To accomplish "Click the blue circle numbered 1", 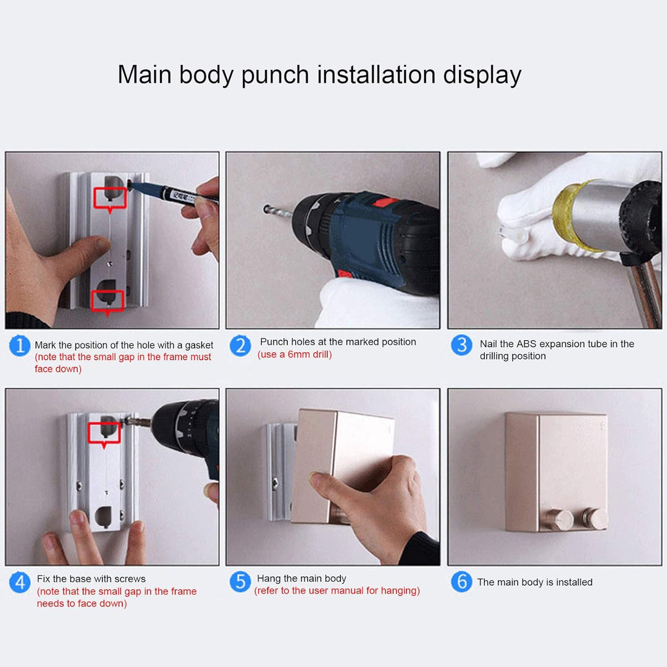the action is [20, 345].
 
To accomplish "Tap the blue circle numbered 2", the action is [240, 345].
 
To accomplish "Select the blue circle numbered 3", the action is [461, 345].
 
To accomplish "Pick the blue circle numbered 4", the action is [20, 582].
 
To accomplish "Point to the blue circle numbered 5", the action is [240, 582].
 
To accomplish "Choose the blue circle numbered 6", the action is [461, 582].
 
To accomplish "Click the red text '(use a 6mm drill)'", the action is [295, 354].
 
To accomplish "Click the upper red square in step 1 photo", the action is [110, 198].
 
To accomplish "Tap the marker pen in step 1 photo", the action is [172, 193].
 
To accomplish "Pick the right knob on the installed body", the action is [595, 518].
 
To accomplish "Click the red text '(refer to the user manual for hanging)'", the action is [337, 591].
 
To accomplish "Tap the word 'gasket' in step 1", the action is [199, 345].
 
